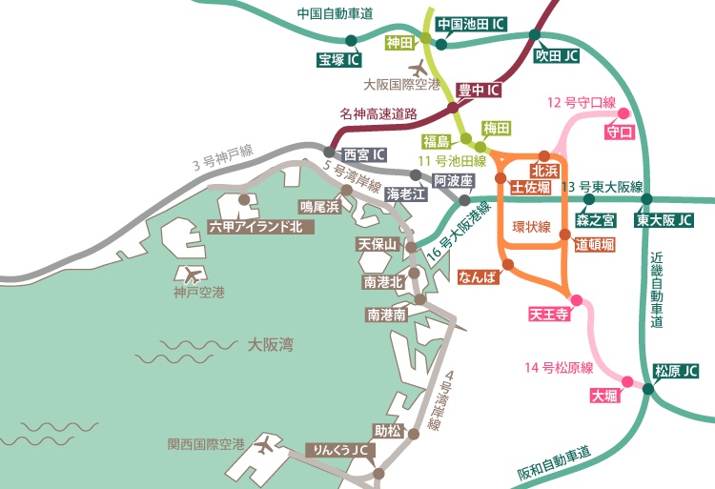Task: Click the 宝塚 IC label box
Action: pos(339,60)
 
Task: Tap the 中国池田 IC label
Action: pos(470,24)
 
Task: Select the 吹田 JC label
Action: pos(558,56)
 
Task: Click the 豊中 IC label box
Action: pos(479,91)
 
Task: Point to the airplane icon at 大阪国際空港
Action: pos(419,68)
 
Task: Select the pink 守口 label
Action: pos(620,132)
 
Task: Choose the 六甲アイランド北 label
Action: pos(255,226)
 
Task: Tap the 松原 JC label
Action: pos(676,371)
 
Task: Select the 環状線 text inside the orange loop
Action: pos(532,227)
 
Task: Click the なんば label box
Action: pos(479,277)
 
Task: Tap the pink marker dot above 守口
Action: pos(625,112)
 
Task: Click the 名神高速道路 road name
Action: pos(378,113)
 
